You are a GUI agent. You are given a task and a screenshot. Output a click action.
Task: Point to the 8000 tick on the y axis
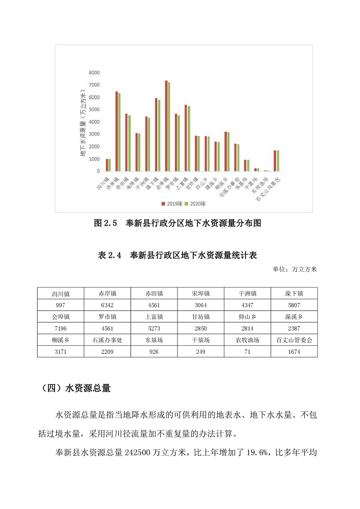(94, 73)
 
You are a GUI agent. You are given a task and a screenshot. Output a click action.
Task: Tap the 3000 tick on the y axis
(94, 134)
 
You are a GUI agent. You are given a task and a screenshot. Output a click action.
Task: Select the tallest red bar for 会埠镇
(166, 126)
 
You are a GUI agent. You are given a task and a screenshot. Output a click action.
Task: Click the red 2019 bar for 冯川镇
(107, 165)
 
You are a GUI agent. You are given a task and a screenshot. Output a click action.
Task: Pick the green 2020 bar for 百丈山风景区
(278, 161)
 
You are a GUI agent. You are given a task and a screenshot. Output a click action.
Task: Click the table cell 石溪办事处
(108, 339)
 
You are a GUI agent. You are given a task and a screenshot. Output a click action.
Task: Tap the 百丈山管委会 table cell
(294, 339)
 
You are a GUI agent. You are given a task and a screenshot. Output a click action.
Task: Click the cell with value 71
(247, 351)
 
